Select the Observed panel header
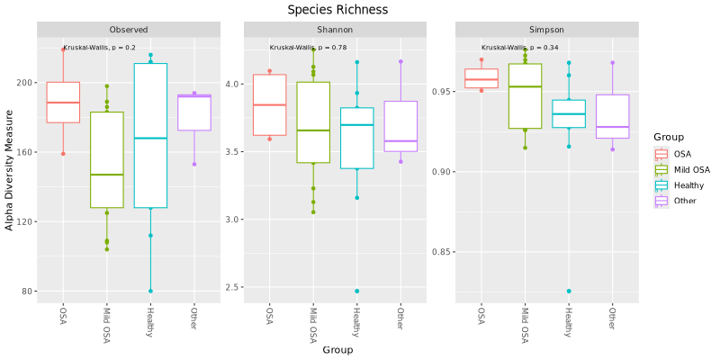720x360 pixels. point(128,30)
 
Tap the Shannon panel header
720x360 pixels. point(335,30)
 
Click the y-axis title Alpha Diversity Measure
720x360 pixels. point(10,170)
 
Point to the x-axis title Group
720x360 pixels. point(337,349)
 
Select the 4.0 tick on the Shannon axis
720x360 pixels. point(233,84)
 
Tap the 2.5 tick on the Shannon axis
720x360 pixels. point(233,287)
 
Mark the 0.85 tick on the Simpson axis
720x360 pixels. point(440,251)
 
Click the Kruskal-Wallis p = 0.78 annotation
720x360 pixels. point(308,48)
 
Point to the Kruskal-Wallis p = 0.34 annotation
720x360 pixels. point(519,48)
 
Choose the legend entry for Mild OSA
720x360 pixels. point(691,169)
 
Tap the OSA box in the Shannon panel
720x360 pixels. point(269,104)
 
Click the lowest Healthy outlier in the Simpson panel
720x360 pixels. point(569,292)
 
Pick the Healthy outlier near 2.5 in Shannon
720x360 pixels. point(357,292)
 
